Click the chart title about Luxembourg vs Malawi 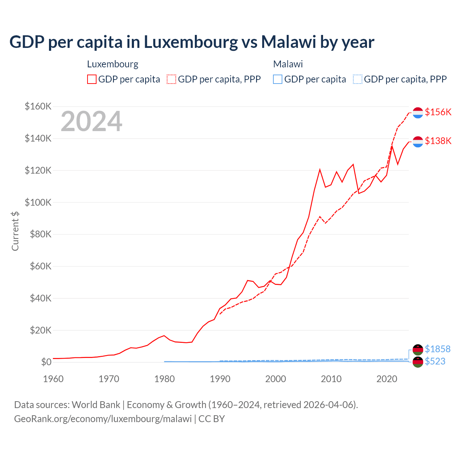point(192,42)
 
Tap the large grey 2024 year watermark point(91,121)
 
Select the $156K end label point(438,112)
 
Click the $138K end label point(438,141)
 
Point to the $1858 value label point(438,349)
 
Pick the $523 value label point(435,361)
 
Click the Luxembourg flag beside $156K point(418,113)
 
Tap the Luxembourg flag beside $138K point(418,142)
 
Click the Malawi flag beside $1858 point(418,350)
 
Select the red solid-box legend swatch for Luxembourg point(92,79)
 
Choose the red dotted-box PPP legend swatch point(171,79)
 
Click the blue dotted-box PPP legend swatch point(358,79)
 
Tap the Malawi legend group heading point(288,64)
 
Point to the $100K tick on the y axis point(38,202)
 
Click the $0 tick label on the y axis point(46,362)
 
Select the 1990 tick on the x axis point(220,379)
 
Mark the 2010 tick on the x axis point(331,379)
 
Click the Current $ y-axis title point(15,231)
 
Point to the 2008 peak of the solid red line point(320,170)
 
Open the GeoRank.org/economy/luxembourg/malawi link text point(103,419)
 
